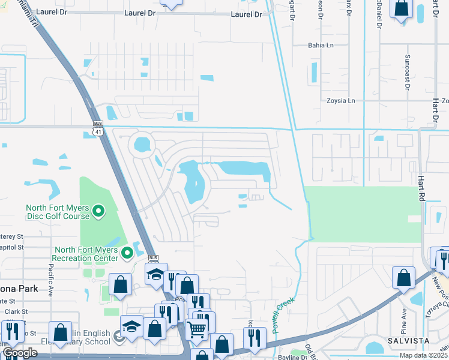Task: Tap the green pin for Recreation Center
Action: [127, 253]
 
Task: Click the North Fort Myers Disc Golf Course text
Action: [57, 212]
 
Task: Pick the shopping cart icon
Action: [197, 328]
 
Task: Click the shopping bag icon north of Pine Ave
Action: [403, 277]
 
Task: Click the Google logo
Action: [19, 353]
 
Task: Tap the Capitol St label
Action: [12, 247]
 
